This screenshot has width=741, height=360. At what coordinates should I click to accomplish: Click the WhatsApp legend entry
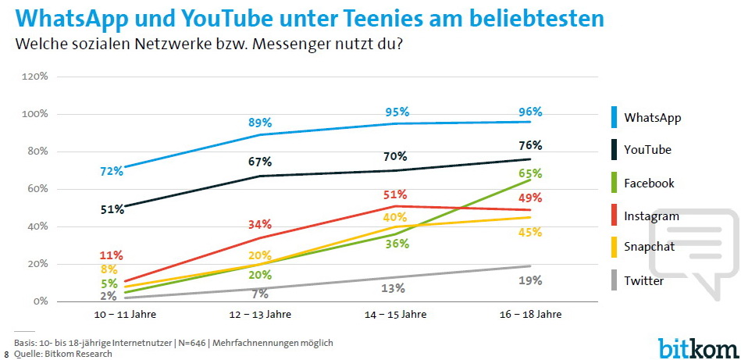click(x=652, y=118)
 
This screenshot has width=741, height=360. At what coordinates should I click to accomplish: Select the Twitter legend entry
click(x=643, y=280)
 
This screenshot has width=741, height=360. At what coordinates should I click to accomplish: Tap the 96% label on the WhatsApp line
click(x=530, y=112)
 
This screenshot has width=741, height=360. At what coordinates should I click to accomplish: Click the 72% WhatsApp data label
click(x=111, y=170)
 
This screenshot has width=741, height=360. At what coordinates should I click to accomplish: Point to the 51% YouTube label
click(x=111, y=209)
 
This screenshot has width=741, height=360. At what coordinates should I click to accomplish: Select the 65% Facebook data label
click(x=530, y=173)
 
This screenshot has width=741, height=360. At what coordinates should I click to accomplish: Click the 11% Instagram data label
click(x=111, y=255)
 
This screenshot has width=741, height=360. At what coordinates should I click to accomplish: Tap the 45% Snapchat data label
click(x=530, y=232)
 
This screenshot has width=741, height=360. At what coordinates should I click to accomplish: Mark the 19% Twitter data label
click(x=530, y=280)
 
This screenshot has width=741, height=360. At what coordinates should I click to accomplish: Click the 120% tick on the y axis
click(x=36, y=77)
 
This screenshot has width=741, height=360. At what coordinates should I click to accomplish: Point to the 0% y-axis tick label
click(x=41, y=301)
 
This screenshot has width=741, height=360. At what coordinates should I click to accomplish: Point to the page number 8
click(x=6, y=354)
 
